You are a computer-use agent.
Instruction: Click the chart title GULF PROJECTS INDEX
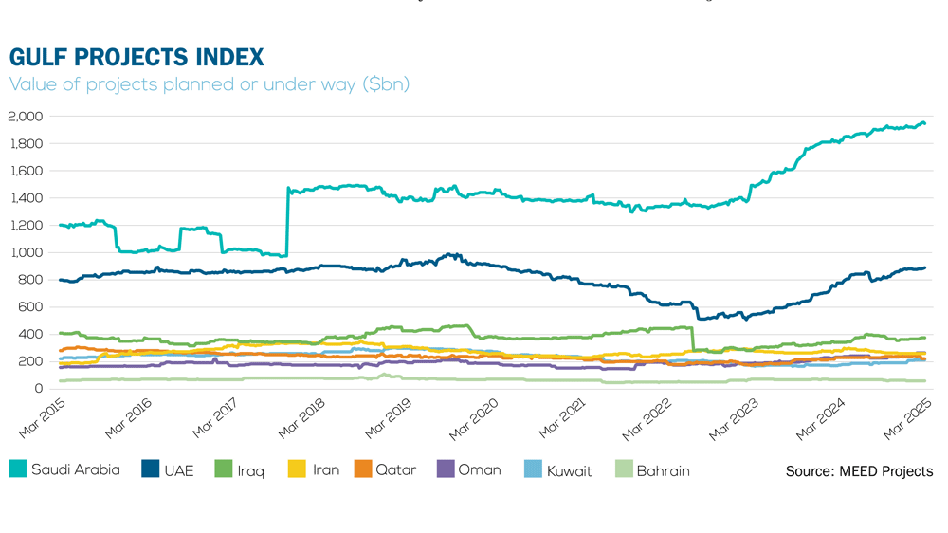(137, 57)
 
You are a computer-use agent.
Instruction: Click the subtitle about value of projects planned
(209, 84)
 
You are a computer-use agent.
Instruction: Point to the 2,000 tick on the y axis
(26, 117)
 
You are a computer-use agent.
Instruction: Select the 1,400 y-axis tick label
(26, 198)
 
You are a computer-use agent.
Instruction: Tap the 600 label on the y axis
(31, 307)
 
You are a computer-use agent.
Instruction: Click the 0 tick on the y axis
(40, 389)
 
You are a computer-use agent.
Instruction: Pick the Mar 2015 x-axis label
(41, 418)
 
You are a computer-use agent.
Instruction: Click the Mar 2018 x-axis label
(301, 418)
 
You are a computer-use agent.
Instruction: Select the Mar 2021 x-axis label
(562, 418)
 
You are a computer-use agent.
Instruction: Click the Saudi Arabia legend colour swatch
(17, 469)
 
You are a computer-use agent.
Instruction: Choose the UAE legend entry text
(178, 470)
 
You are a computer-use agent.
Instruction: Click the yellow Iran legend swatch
(296, 469)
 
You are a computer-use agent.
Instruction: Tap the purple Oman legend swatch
(444, 469)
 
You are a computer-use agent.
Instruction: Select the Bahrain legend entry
(663, 470)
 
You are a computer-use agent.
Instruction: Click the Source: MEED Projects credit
(859, 471)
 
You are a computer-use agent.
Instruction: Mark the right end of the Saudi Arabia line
(925, 124)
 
